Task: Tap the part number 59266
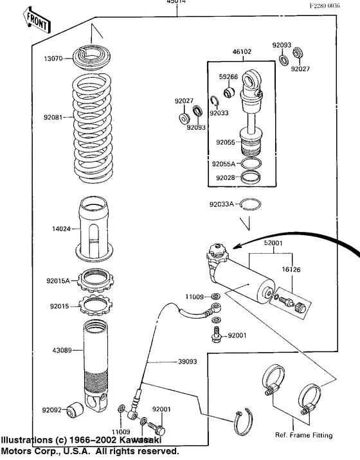click(228, 78)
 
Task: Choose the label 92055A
click(226, 164)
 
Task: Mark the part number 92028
click(225, 177)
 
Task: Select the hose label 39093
click(187, 362)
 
